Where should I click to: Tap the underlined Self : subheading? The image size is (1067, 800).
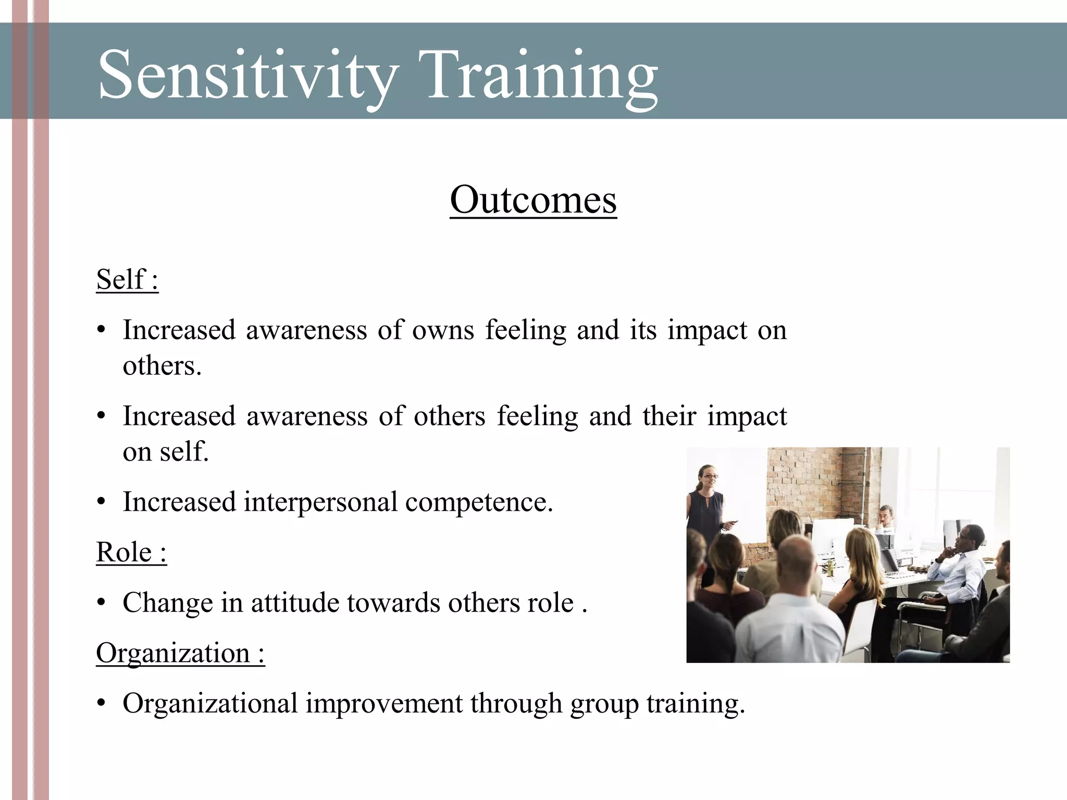[x=127, y=280]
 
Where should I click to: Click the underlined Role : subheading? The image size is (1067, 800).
[x=131, y=552]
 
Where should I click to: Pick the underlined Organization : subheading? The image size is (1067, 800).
[x=180, y=653]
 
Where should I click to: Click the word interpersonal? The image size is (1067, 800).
[x=320, y=502]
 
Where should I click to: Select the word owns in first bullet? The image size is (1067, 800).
[x=443, y=330]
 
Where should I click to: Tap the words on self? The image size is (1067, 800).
[x=165, y=451]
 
